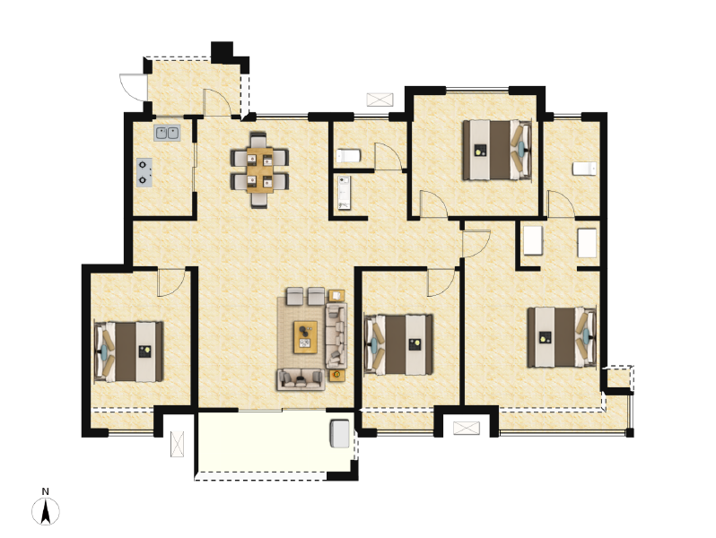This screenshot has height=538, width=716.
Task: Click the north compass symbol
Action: (45, 511)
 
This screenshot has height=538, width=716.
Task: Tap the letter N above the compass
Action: (45, 491)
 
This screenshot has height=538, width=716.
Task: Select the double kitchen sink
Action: (167, 133)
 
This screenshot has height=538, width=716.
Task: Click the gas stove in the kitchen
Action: (144, 172)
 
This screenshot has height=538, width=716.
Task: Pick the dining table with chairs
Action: (259, 169)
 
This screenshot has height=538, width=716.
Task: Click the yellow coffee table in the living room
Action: (305, 337)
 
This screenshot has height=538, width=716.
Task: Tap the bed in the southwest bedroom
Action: (129, 351)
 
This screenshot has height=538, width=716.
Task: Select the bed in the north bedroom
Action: (497, 150)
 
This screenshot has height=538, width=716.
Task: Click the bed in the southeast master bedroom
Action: (562, 337)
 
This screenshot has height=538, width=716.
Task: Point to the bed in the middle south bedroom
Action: (398, 344)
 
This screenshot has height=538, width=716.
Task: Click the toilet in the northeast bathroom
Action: (584, 169)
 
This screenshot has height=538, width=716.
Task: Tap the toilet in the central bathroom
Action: (348, 156)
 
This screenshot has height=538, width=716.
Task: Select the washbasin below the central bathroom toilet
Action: (345, 193)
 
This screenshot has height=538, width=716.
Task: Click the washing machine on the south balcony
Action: (340, 433)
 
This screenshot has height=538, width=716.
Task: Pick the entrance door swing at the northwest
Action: (134, 87)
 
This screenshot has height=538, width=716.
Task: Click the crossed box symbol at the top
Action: (380, 100)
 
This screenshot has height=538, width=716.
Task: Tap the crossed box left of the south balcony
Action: (177, 444)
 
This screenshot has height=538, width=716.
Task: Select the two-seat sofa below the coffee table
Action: (301, 379)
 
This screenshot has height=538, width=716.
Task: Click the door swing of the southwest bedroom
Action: (171, 283)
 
